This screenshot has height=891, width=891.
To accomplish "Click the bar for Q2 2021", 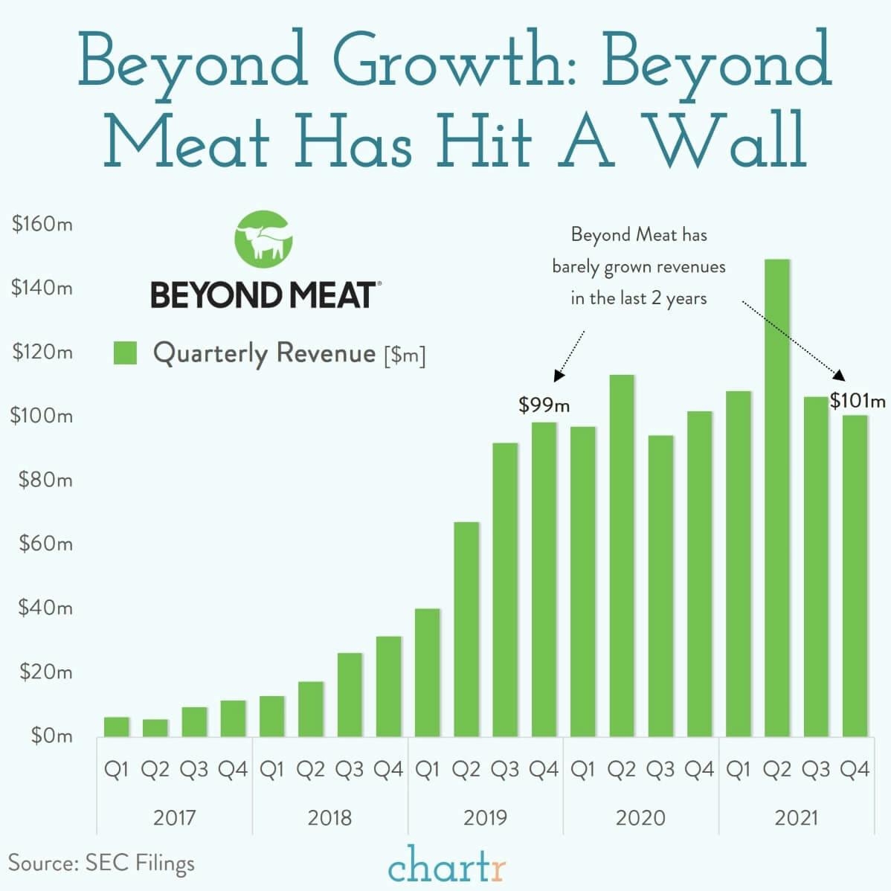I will click(776, 498).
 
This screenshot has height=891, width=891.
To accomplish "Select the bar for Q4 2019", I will click(544, 579).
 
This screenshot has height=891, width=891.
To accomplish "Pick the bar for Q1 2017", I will click(117, 727).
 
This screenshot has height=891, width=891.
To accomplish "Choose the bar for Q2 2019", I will click(466, 629).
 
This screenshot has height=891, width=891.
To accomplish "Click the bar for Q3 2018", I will click(350, 695).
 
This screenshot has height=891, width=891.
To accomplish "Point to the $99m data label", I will click(544, 405).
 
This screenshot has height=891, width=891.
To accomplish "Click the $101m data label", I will click(858, 402).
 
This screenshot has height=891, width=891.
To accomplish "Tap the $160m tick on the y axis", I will click(42, 224).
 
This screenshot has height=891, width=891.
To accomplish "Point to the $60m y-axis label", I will click(45, 544).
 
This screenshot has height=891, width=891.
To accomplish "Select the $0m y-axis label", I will click(51, 736).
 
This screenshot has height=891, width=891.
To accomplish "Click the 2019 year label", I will click(485, 818).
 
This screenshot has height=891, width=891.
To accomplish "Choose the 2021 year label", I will click(796, 818).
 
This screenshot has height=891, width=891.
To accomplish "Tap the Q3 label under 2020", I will click(660, 770).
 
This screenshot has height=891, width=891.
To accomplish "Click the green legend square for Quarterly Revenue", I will click(125, 353).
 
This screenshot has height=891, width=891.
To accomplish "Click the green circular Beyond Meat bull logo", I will click(263, 237).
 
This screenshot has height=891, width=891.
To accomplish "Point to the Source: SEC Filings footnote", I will click(101, 863).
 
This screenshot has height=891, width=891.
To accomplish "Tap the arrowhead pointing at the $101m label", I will click(839, 376).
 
